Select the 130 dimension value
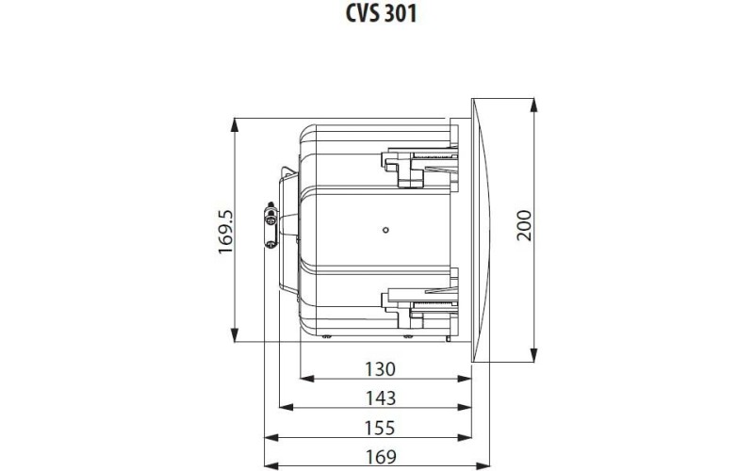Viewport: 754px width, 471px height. (380, 368)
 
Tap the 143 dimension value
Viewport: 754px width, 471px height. (380, 398)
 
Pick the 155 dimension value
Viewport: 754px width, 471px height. (380, 428)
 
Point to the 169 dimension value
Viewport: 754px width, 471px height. (380, 457)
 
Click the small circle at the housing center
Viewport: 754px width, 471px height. (385, 229)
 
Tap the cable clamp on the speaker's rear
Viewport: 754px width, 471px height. (270, 227)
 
